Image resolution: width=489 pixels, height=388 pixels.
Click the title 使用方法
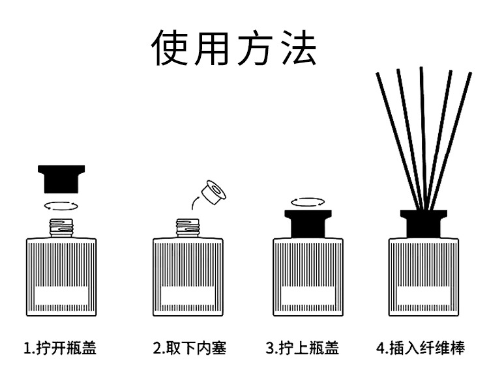point(235,47)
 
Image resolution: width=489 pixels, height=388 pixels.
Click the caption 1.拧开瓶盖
point(60,348)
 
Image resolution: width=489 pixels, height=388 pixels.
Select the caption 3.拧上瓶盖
point(303,348)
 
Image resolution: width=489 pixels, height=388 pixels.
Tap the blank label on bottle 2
point(188,298)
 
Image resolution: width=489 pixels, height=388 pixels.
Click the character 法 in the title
point(297,47)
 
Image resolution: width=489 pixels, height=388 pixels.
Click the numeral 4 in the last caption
point(380,348)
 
